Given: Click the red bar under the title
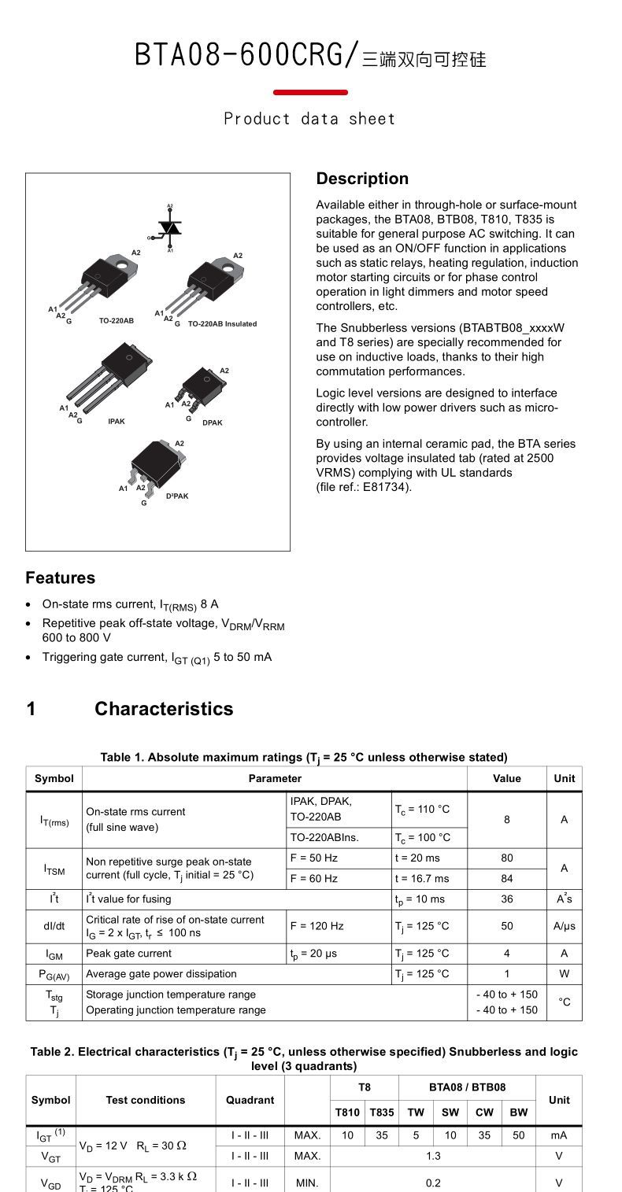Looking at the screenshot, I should (x=310, y=92).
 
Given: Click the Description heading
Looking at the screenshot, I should (x=362, y=179).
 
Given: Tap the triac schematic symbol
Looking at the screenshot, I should (x=170, y=228).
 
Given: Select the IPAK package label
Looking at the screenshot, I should (x=117, y=422).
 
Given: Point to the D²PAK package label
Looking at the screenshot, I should (x=177, y=496).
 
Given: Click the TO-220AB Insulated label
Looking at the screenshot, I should (x=222, y=323).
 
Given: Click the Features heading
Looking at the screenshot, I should (x=60, y=578).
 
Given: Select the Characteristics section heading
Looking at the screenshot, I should (x=164, y=709).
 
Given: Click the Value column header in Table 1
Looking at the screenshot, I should (x=506, y=778).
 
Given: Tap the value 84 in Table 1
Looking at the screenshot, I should (x=506, y=878).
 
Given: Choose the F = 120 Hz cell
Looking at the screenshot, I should (x=317, y=926).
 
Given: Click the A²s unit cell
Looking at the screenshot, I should (x=564, y=899).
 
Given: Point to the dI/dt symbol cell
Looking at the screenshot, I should (x=54, y=926).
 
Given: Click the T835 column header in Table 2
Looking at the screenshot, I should (x=382, y=1112).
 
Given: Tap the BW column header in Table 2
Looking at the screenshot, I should (x=518, y=1112).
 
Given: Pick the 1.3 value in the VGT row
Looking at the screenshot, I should (x=433, y=1156).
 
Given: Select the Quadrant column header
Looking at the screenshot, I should (x=250, y=1100).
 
